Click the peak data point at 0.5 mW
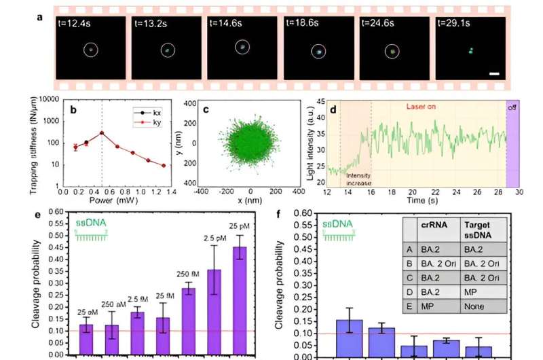(101, 132)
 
